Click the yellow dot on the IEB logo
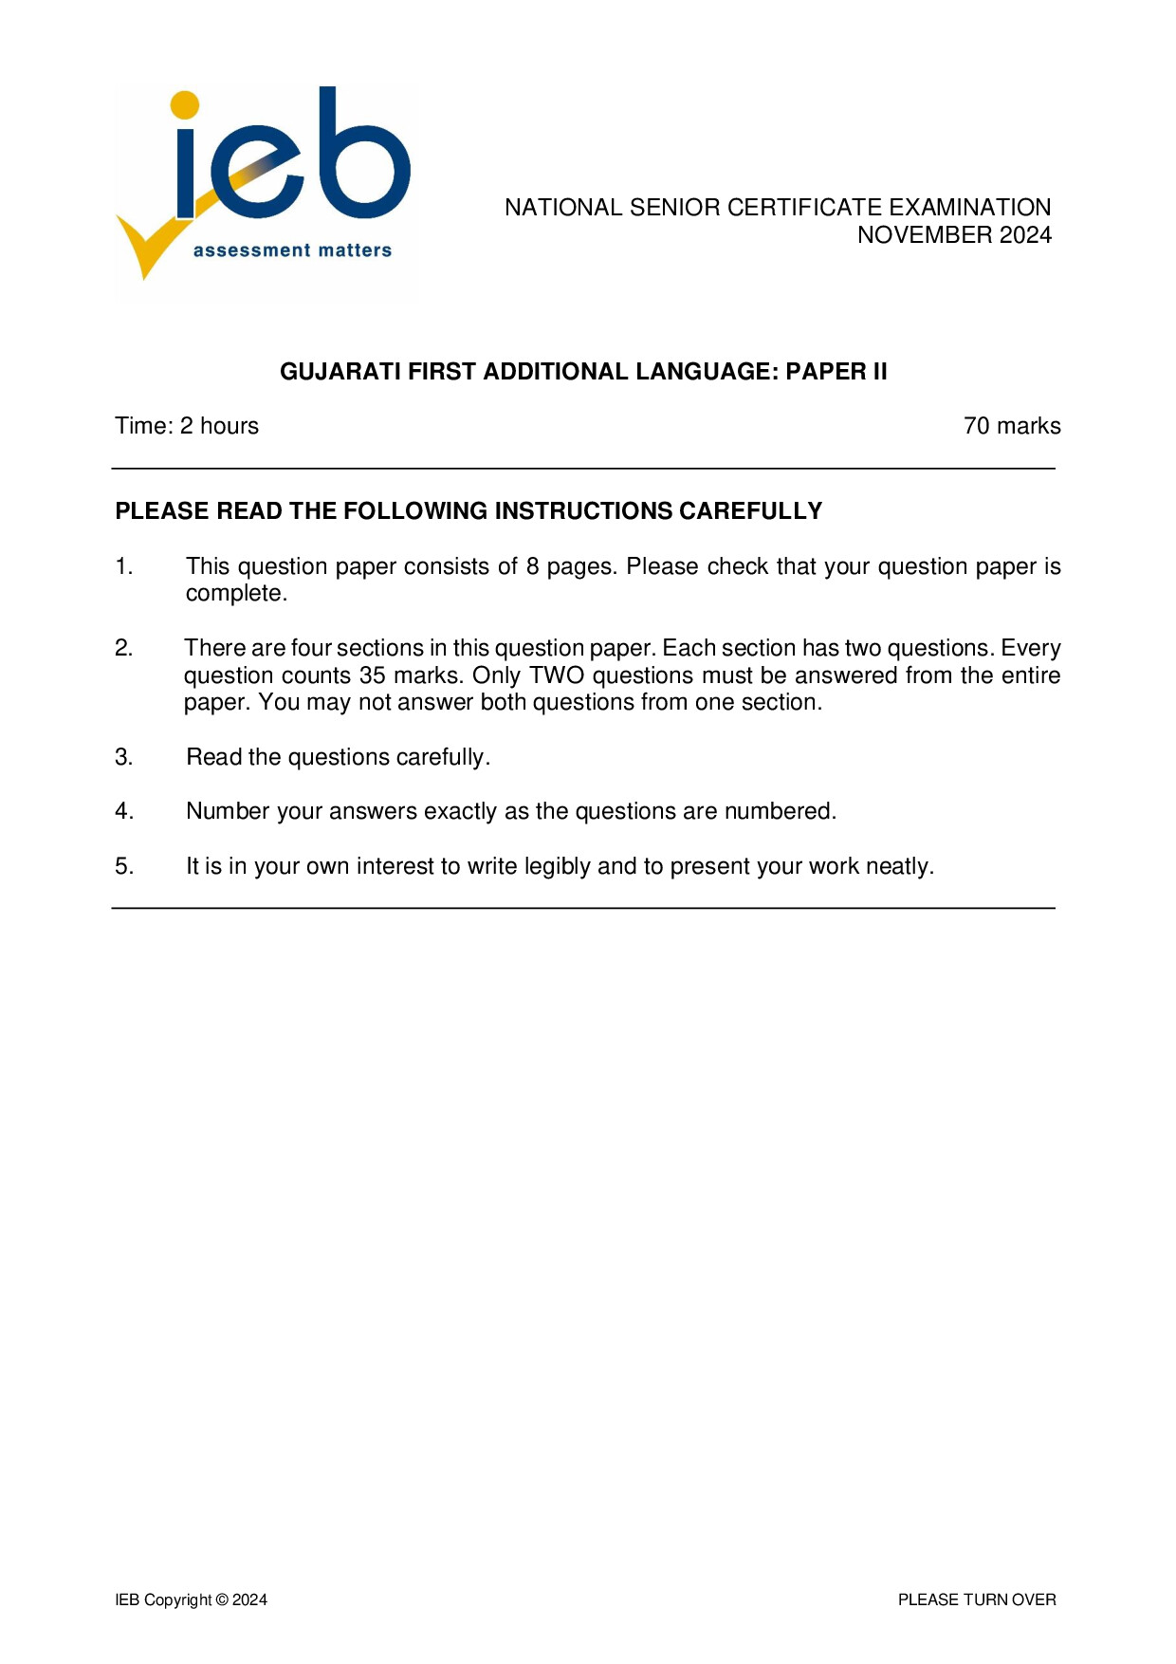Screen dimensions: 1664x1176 185,105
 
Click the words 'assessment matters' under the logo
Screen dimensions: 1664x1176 292,250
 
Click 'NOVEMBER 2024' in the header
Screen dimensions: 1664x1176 954,235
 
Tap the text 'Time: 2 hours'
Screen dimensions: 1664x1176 187,426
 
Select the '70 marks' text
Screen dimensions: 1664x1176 1012,426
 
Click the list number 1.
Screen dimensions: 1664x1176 124,566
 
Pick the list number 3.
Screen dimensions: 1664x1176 124,757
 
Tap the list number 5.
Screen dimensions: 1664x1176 124,866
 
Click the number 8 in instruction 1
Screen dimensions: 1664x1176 533,566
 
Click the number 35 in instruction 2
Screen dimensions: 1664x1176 372,675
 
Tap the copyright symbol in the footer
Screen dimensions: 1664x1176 222,1600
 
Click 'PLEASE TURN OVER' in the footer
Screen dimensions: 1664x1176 977,1600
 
